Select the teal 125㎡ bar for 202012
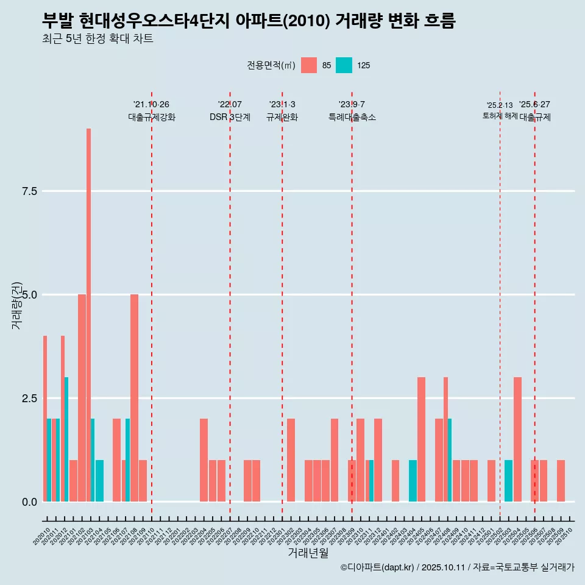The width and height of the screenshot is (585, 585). pos(66,439)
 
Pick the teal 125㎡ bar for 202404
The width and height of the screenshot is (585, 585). pos(413,481)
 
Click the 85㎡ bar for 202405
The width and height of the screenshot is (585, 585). pos(421,439)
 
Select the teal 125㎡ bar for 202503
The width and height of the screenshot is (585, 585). pos(508,481)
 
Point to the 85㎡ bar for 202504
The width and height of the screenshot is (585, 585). pos(517,439)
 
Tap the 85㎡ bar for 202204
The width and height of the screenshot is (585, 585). pos(204,460)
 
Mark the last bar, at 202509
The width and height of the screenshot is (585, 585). pos(561,481)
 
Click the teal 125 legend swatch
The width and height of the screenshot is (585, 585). pos(344,65)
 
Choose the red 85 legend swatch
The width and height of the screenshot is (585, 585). pos(309,65)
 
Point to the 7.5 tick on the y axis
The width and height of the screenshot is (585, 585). pos(30,191)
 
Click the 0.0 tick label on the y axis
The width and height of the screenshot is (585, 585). pos(30,502)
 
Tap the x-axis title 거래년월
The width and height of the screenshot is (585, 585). pos(308,553)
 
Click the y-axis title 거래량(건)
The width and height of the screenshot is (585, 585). pos(17,305)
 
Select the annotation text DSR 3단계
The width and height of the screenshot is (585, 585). pos(230,118)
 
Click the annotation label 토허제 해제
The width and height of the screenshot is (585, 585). pos(500,116)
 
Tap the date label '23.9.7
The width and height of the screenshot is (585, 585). pos(352,105)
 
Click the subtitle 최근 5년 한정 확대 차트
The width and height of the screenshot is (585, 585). pos(97,39)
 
